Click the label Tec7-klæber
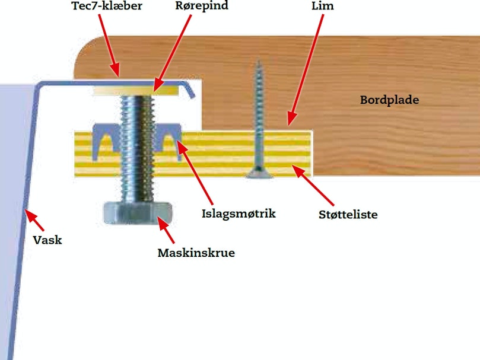(x=107, y=6)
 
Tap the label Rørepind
(x=202, y=6)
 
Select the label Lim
(x=323, y=6)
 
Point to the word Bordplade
(x=389, y=100)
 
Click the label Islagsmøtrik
(x=239, y=214)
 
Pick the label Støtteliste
(x=348, y=214)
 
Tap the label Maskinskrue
(x=196, y=253)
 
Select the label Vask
(x=47, y=240)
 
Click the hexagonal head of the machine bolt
(x=138, y=213)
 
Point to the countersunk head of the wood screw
(x=259, y=173)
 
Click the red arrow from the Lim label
(x=306, y=70)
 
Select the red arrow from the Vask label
(x=34, y=220)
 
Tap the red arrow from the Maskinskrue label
(x=166, y=230)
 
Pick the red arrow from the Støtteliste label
(x=313, y=185)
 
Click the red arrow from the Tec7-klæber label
(x=109, y=45)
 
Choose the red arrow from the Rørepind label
(x=172, y=53)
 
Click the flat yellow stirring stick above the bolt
(x=136, y=91)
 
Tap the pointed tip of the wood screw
(x=259, y=61)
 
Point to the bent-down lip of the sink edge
(x=189, y=90)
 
